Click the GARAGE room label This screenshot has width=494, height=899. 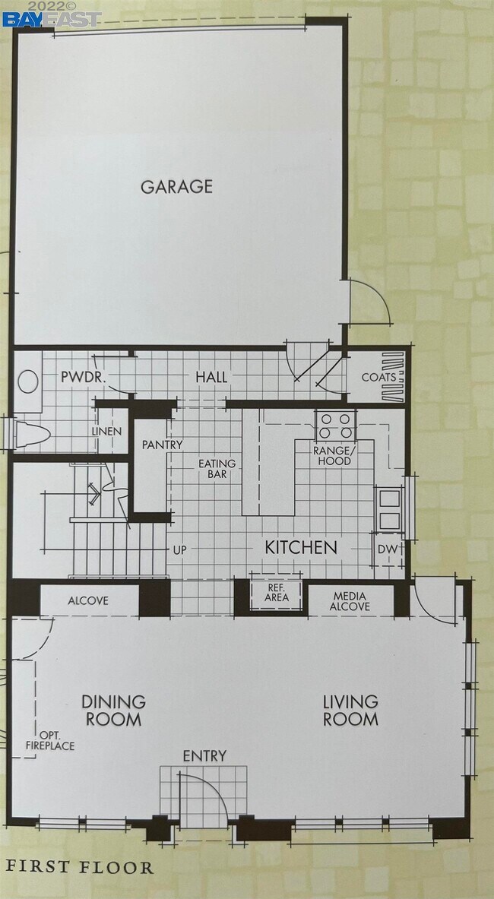tap(176, 186)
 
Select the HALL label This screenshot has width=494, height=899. tap(212, 377)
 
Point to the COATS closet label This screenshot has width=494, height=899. tap(378, 377)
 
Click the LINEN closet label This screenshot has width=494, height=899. tap(106, 431)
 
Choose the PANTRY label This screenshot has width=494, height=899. tap(163, 445)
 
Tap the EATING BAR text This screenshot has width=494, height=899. tap(217, 469)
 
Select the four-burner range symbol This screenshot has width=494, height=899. tap(335, 426)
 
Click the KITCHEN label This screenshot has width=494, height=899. tap(300, 547)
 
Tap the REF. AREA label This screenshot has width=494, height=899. tap(277, 592)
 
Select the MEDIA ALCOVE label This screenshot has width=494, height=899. tap(350, 600)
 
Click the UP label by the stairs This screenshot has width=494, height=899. tap(180, 548)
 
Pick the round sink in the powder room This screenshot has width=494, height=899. tap(29, 381)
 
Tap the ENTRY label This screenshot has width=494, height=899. tap(204, 755)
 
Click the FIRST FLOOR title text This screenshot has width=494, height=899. tap(80, 867)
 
